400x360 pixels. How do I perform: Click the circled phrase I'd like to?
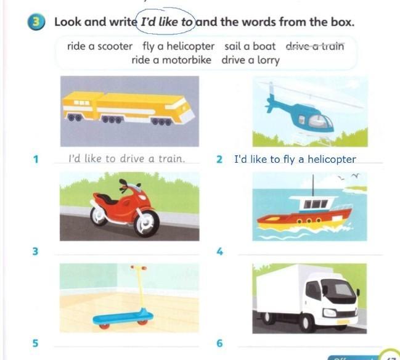(166, 22)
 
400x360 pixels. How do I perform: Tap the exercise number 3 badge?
(36, 22)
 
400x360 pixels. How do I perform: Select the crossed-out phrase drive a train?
(315, 46)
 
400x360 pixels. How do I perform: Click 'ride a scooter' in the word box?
(100, 46)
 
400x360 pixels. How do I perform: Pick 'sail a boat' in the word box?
(250, 46)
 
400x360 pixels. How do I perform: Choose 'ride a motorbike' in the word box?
(171, 60)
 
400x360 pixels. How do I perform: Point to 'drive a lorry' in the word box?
(250, 61)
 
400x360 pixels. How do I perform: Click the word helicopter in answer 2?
(332, 160)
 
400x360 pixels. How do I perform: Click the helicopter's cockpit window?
(320, 121)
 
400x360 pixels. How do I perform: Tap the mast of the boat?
(313, 185)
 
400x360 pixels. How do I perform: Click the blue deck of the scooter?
(123, 317)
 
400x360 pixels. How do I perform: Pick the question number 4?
(219, 252)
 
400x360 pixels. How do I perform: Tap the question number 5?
(35, 343)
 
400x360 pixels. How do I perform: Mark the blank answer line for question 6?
(309, 346)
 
